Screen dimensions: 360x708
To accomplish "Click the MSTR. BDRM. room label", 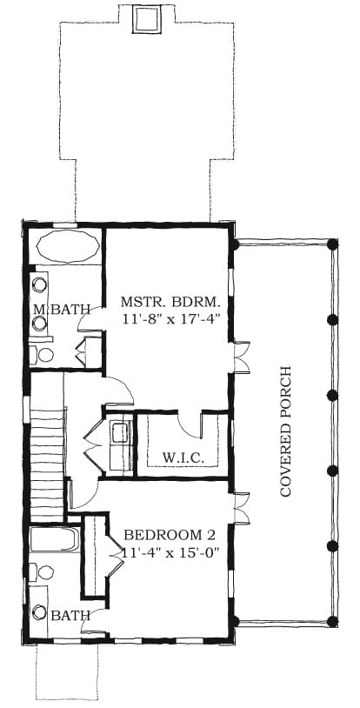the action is coord(170,301).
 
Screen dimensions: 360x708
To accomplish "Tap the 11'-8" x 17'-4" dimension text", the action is coord(170,319).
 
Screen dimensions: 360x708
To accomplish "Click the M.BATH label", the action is coord(62,310).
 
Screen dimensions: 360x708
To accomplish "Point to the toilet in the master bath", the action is coord(42,355).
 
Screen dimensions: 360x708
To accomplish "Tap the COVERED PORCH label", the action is coord(286,431).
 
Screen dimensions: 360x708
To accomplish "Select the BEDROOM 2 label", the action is coord(169,535).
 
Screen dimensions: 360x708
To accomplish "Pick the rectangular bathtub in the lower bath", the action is coord(54,538).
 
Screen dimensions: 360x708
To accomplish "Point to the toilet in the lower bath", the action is coord(42,572).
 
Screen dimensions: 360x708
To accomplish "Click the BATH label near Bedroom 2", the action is coord(70,615).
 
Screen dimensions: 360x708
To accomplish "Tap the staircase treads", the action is coord(47,465).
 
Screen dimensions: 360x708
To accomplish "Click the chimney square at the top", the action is coord(147,19).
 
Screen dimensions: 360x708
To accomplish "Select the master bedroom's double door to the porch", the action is coord(242,357).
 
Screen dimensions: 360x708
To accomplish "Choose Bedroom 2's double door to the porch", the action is coord(242,508).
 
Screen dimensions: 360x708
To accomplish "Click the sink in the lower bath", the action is coord(40,612).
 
